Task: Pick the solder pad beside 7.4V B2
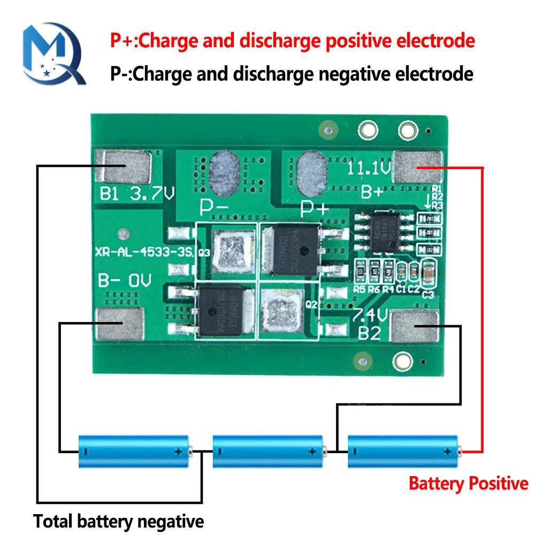tap(417, 327)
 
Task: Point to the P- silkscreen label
tap(214, 206)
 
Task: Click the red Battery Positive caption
tap(468, 484)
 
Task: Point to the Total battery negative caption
tap(118, 521)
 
